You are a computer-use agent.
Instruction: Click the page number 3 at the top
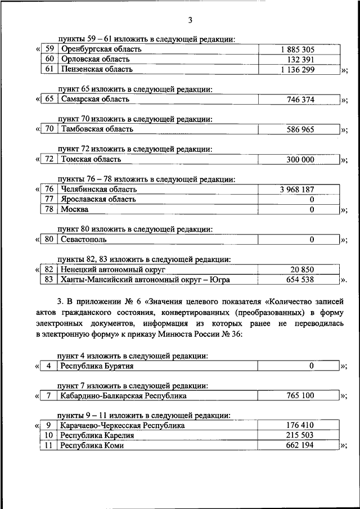point(190,21)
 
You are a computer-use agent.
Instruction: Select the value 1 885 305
point(298,49)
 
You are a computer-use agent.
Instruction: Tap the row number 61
point(49,69)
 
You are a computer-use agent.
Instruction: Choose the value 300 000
point(300,159)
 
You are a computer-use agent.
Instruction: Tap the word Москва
point(75,209)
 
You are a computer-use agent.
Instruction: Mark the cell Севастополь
point(85,240)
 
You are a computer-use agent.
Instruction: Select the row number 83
point(49,280)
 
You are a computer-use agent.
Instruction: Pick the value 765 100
point(301,396)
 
